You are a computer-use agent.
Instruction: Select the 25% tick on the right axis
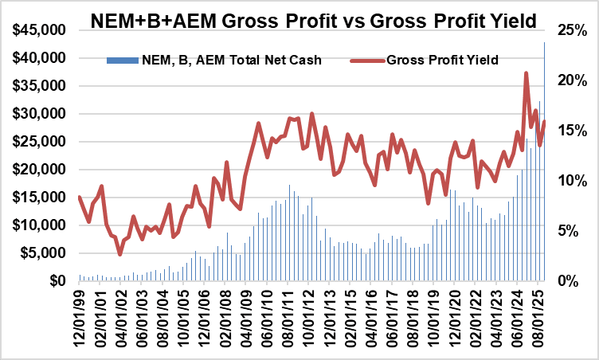[x=572, y=30]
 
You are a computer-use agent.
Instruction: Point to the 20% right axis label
[x=572, y=80]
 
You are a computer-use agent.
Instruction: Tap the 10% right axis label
[x=572, y=181]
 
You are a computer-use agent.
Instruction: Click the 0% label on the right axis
[x=569, y=280]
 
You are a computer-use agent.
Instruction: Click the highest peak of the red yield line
[x=526, y=73]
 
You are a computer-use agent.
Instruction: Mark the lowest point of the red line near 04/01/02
[x=120, y=254]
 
